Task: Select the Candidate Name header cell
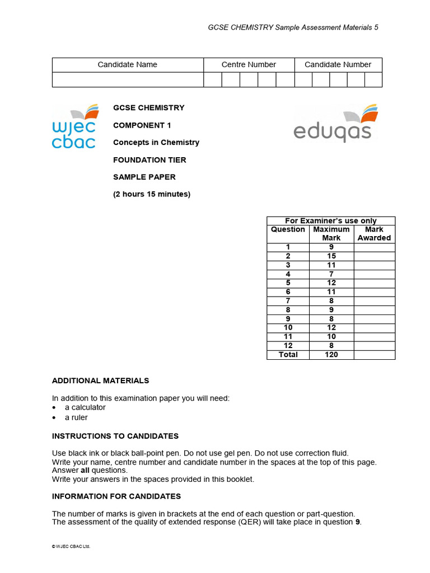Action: click(x=128, y=64)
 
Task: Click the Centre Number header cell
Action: click(x=249, y=64)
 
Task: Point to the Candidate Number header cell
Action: click(x=338, y=64)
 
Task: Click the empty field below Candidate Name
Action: click(x=128, y=79)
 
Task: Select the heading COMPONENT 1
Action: click(x=139, y=125)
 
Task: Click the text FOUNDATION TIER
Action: click(x=149, y=159)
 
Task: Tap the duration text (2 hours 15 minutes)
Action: click(x=152, y=194)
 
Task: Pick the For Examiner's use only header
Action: click(x=331, y=220)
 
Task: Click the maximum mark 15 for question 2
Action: click(x=331, y=256)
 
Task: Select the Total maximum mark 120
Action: click(x=331, y=354)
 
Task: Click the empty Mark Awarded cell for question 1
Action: click(x=374, y=247)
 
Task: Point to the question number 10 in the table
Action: click(x=288, y=327)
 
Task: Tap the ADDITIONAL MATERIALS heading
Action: click(x=101, y=381)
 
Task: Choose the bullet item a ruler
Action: click(x=76, y=417)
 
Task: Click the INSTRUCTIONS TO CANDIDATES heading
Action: click(x=115, y=436)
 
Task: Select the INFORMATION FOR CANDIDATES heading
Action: click(x=116, y=496)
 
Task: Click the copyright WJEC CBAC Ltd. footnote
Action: click(x=71, y=547)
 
